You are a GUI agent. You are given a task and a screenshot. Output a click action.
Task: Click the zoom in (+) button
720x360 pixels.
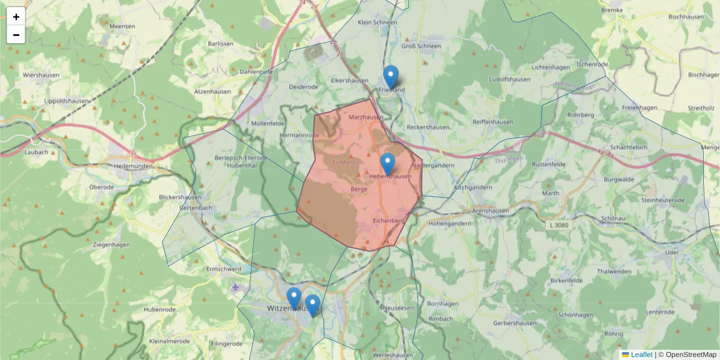coord(16,16)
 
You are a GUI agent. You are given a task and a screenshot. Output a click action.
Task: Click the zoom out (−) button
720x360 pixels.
coord(16,35)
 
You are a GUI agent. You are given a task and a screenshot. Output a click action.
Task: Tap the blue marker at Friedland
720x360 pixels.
coord(391,77)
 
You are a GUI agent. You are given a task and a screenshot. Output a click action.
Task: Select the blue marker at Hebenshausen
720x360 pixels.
coord(388,164)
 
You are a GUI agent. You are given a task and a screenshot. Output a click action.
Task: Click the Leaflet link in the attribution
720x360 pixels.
coord(641,355)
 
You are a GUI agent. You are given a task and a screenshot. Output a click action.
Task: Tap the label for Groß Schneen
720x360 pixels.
coord(421,46)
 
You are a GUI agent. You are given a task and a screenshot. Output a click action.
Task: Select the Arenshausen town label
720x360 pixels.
coord(491,211)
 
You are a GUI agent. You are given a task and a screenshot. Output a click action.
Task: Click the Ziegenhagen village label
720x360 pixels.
coord(112,245)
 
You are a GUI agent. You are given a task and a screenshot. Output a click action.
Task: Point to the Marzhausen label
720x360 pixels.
coord(365,117)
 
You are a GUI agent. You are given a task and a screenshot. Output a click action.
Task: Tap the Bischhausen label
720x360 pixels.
coord(686,17)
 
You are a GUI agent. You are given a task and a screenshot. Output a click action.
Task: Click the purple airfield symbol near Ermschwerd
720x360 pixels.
coord(235,287)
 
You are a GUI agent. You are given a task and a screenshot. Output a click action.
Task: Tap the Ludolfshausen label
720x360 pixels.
coord(510,79)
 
